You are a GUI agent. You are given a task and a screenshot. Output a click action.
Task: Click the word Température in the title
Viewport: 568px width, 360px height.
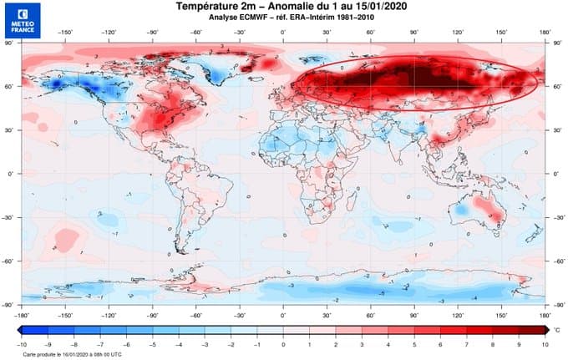210,7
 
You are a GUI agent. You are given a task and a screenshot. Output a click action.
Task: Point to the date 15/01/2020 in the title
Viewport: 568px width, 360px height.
359,7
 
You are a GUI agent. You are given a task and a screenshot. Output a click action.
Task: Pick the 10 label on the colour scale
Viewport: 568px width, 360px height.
544,343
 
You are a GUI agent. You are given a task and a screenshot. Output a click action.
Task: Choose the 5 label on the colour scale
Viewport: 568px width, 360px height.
413,343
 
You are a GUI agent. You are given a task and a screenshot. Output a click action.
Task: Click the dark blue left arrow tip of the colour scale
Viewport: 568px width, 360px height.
18,330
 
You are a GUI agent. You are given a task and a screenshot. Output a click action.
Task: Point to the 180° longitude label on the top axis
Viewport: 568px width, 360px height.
545,35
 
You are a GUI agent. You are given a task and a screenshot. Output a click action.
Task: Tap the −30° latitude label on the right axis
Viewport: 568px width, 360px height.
558,217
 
